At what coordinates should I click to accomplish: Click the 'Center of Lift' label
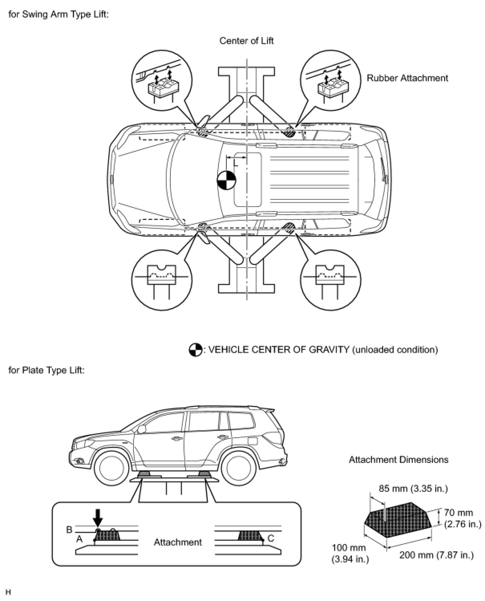[246, 41]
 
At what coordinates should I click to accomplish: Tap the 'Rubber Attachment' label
[407, 78]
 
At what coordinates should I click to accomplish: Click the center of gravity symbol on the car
[226, 181]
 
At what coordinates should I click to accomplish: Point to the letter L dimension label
[236, 162]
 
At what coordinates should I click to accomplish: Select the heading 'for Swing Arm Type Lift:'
[59, 15]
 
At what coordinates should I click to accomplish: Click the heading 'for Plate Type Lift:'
[46, 370]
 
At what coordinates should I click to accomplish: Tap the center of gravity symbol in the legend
[195, 350]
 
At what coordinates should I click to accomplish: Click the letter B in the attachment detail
[69, 530]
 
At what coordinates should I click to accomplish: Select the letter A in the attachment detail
[79, 539]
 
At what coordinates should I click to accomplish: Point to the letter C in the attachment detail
[271, 538]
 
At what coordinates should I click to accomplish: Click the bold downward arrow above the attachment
[97, 520]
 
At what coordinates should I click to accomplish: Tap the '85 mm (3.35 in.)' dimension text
[413, 488]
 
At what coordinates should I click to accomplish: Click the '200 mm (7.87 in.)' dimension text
[436, 555]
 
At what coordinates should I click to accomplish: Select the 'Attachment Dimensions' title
[398, 459]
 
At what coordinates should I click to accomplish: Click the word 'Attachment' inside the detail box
[178, 542]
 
